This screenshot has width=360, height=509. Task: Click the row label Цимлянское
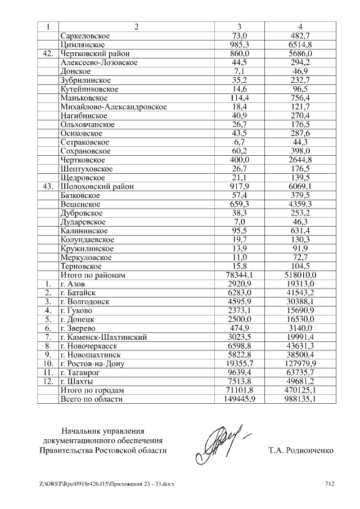point(82,44)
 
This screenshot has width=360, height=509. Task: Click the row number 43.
point(48,186)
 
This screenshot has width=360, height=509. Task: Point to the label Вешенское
point(80,204)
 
